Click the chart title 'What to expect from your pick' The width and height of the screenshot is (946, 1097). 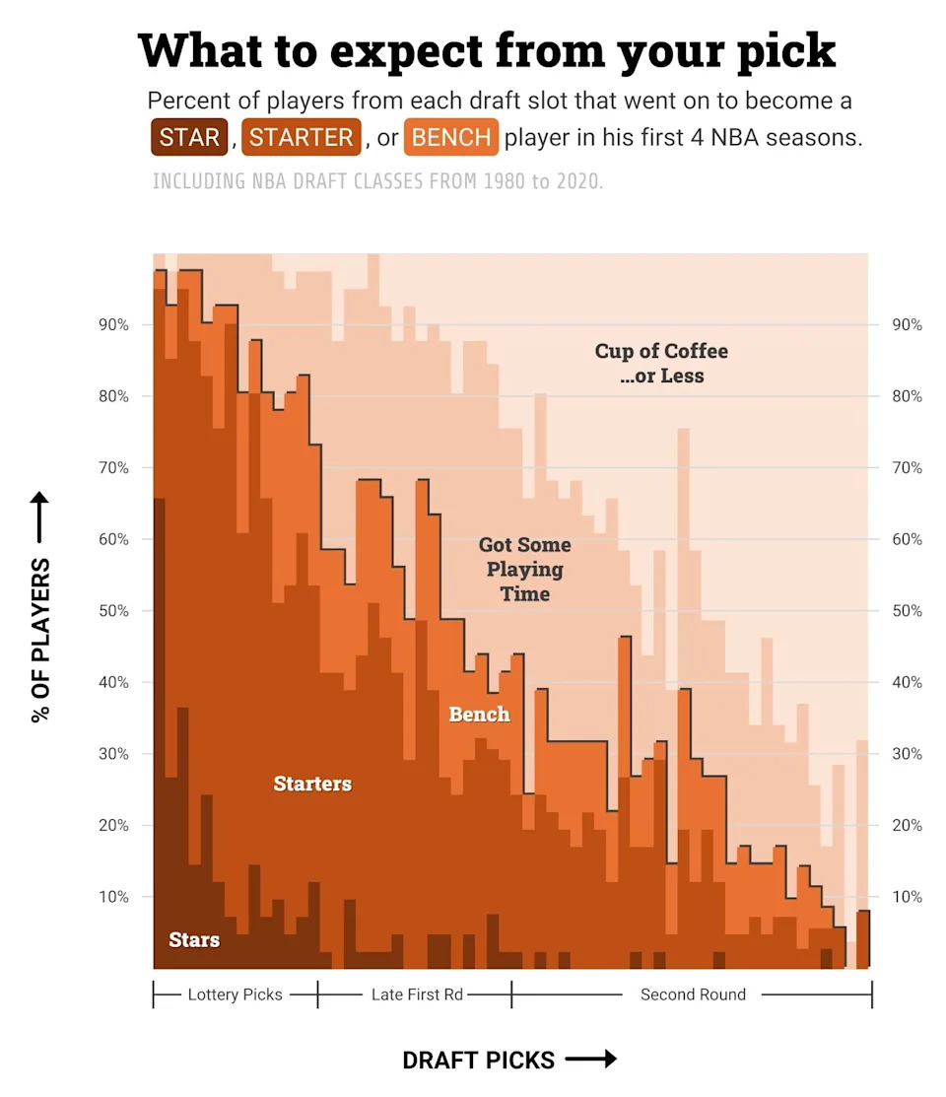coord(487,51)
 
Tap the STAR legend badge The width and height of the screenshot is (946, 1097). coord(189,137)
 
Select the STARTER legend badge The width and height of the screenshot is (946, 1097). coord(301,137)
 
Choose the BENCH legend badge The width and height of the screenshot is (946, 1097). coord(451,137)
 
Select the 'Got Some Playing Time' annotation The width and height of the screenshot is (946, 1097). coord(524,569)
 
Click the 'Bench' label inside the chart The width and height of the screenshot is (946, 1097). coord(479,714)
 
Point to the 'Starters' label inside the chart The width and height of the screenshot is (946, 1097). coord(312,784)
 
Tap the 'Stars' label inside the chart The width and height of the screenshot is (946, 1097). coord(194,939)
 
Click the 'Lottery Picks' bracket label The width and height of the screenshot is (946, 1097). coord(236,994)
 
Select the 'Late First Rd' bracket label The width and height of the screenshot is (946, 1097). coord(417,994)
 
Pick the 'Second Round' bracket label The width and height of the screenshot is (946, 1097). coord(693,994)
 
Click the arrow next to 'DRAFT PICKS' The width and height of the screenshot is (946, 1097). coord(590,1060)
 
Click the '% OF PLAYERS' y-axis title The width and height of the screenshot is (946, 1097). coord(40,640)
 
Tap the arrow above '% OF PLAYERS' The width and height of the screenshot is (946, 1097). coord(40,518)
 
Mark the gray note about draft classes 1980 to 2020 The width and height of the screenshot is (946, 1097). coord(377,182)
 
